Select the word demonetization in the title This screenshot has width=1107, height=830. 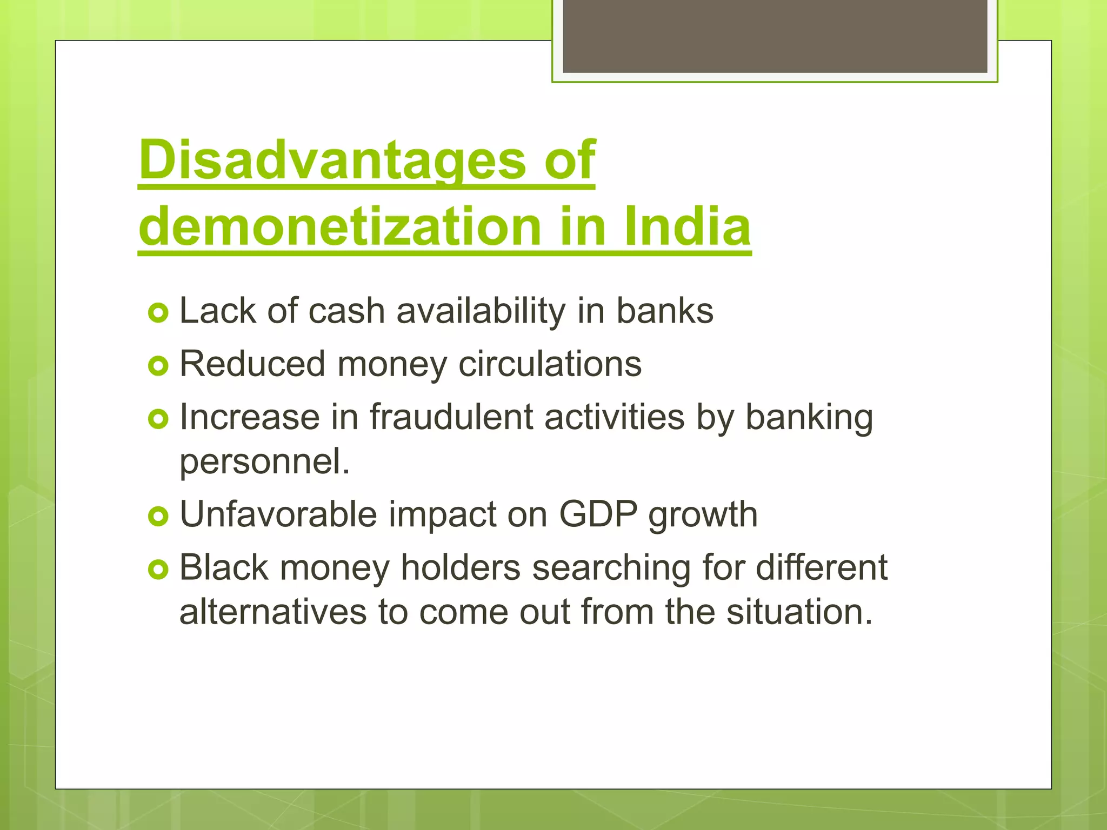pyautogui.click(x=340, y=226)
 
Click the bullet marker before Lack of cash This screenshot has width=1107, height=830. pyautogui.click(x=158, y=313)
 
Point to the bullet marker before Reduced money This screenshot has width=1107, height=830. pyautogui.click(x=158, y=366)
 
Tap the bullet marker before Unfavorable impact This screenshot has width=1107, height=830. pyautogui.click(x=158, y=517)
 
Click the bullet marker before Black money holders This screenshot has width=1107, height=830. pyautogui.click(x=158, y=570)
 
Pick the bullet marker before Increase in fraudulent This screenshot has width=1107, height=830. pyautogui.click(x=158, y=419)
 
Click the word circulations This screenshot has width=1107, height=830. pyautogui.click(x=550, y=364)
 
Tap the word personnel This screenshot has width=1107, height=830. pyautogui.click(x=264, y=462)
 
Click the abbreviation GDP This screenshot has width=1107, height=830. pyautogui.click(x=598, y=514)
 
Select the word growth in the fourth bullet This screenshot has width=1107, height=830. pyautogui.click(x=703, y=515)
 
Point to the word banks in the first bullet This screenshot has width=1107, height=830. pyautogui.click(x=665, y=311)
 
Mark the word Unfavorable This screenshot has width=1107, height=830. pyautogui.click(x=278, y=514)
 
